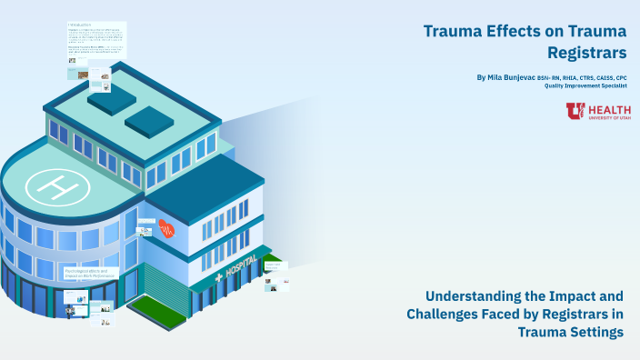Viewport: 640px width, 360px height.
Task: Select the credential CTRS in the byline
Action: (583, 78)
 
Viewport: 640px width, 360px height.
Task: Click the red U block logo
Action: (575, 111)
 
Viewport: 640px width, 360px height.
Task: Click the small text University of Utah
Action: (610, 117)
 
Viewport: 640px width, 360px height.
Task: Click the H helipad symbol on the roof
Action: (56, 186)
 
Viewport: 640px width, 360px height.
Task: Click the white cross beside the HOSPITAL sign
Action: (217, 277)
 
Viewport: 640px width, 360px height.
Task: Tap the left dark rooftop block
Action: (110, 101)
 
